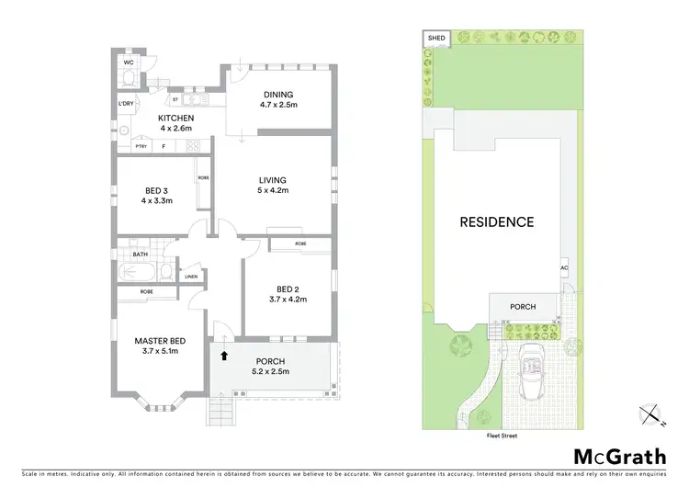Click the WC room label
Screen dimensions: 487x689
point(130,63)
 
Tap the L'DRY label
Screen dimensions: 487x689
point(126,103)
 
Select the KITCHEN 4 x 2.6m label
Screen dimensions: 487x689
point(176,124)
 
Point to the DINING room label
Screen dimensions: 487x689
point(277,99)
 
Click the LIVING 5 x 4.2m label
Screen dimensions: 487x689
point(273,185)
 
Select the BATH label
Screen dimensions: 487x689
point(140,255)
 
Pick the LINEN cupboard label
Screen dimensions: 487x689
point(191,277)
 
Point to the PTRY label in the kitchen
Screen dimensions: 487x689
point(141,146)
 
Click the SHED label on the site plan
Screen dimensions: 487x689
point(436,38)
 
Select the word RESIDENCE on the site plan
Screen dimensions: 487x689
point(496,221)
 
